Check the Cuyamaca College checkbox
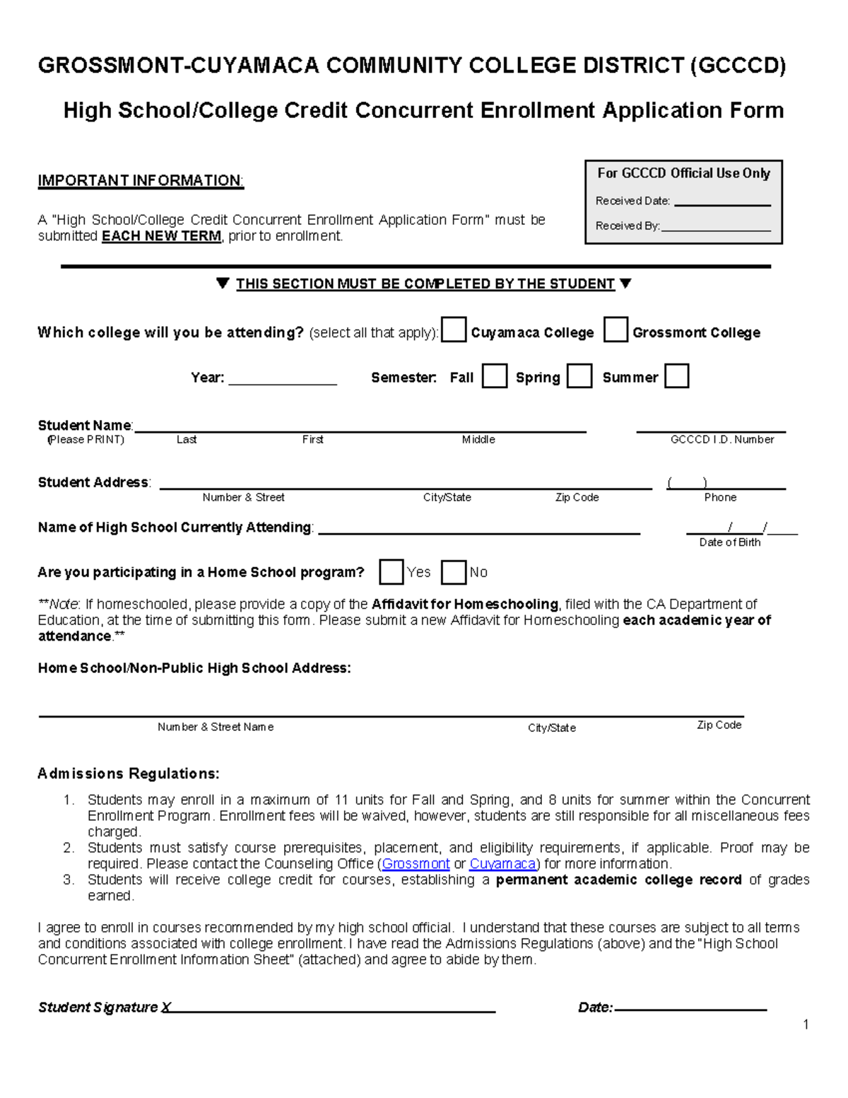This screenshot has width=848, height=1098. pos(454,330)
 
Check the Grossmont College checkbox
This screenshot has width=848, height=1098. pos(616,330)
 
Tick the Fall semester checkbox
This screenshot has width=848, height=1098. pos(495,376)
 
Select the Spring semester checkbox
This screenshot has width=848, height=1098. pos(579,376)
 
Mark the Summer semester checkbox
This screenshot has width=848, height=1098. pos(676,376)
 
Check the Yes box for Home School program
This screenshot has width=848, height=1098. pos(391,572)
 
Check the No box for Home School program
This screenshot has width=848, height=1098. pos(454,572)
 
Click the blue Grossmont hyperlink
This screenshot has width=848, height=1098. pos(416,864)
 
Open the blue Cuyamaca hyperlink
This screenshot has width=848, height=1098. pos(502,864)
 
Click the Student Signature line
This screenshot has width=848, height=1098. pos(332,1009)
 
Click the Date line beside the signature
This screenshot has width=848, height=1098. pos(690,1008)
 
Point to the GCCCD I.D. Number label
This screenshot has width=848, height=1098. pos(722,440)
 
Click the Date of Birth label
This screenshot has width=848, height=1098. pos(729,542)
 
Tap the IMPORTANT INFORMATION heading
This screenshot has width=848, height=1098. pos(141,181)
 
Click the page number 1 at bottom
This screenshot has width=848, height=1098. pos(806,1024)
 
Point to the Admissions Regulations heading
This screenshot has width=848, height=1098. pos(129,773)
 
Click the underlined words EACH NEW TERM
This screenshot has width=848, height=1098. pos(161,236)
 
